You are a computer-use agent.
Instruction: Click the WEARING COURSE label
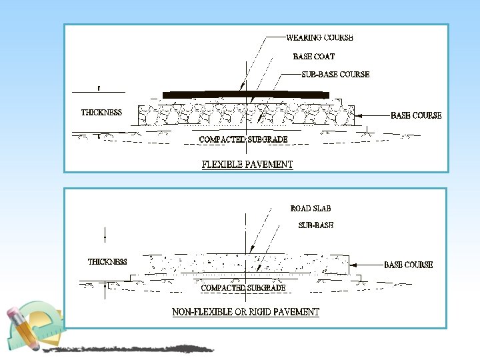[319, 38]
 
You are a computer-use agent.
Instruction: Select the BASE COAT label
[313, 57]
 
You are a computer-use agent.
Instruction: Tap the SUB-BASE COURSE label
[331, 74]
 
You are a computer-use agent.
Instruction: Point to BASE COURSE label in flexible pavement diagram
[416, 115]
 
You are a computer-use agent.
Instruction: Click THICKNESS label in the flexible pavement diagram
[101, 112]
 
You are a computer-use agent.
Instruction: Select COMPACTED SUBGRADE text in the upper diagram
[243, 139]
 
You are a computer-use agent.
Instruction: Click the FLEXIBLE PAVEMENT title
[247, 164]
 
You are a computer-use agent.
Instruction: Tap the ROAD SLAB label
[311, 209]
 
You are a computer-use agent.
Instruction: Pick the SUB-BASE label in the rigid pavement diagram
[315, 225]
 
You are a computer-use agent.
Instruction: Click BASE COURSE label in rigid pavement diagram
[408, 265]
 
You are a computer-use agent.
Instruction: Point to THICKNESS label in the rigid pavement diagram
[107, 261]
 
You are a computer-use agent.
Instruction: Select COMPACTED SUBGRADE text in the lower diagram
[243, 288]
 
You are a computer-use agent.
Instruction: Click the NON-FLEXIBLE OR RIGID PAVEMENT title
[245, 311]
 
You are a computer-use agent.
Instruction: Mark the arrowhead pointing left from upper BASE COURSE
[359, 116]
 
